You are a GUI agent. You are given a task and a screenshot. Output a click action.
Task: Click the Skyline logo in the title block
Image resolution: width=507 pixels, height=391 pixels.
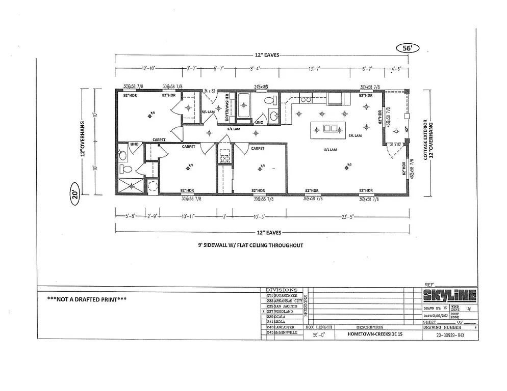coord(449,295)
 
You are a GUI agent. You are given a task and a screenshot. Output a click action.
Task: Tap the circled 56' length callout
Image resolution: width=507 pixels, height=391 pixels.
coord(407,48)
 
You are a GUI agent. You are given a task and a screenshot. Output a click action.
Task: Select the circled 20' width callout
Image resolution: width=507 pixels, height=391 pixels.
coord(74,197)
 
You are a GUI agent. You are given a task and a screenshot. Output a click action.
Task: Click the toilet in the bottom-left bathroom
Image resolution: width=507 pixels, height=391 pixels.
coord(124,169)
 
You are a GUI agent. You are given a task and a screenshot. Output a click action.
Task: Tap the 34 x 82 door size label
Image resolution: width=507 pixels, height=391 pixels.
coord(210,91)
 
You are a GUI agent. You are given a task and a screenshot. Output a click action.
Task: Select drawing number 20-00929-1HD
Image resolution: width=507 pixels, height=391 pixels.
coord(450,336)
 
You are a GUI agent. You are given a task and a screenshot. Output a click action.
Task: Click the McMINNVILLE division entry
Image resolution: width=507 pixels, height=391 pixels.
coord(285,332)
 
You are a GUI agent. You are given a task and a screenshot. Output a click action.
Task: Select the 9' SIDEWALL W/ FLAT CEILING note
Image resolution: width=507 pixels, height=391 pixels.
coord(250,245)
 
